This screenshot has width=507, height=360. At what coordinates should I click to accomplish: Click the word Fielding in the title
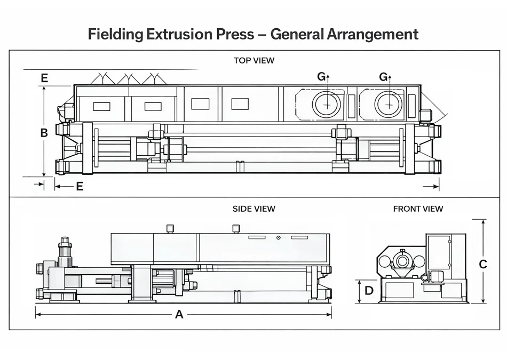(x=115, y=35)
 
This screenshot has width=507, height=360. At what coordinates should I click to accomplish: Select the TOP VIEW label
(x=254, y=60)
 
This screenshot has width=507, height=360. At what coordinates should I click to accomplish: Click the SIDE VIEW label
(x=254, y=209)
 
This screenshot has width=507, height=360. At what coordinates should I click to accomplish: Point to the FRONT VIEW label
(x=418, y=209)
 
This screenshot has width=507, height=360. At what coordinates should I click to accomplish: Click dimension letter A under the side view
(x=179, y=315)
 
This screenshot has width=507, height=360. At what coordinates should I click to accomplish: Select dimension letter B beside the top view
(x=44, y=133)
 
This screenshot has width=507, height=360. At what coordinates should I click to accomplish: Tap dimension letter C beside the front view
(x=483, y=264)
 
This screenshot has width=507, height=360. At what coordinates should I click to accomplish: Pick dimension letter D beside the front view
(x=369, y=291)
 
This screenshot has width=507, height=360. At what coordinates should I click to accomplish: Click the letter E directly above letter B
(x=44, y=78)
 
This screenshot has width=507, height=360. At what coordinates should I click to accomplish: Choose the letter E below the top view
(x=80, y=186)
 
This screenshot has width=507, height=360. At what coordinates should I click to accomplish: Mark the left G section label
(x=321, y=77)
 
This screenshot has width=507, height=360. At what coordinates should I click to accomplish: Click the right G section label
(x=383, y=77)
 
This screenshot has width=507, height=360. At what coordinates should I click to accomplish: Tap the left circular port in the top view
(x=328, y=104)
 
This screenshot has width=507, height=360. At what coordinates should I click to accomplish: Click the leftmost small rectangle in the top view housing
(x=101, y=106)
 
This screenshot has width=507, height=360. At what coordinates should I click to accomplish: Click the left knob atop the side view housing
(x=170, y=228)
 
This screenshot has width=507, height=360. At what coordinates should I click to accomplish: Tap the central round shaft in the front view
(x=402, y=261)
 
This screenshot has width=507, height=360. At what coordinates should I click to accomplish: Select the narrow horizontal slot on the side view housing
(x=256, y=237)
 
